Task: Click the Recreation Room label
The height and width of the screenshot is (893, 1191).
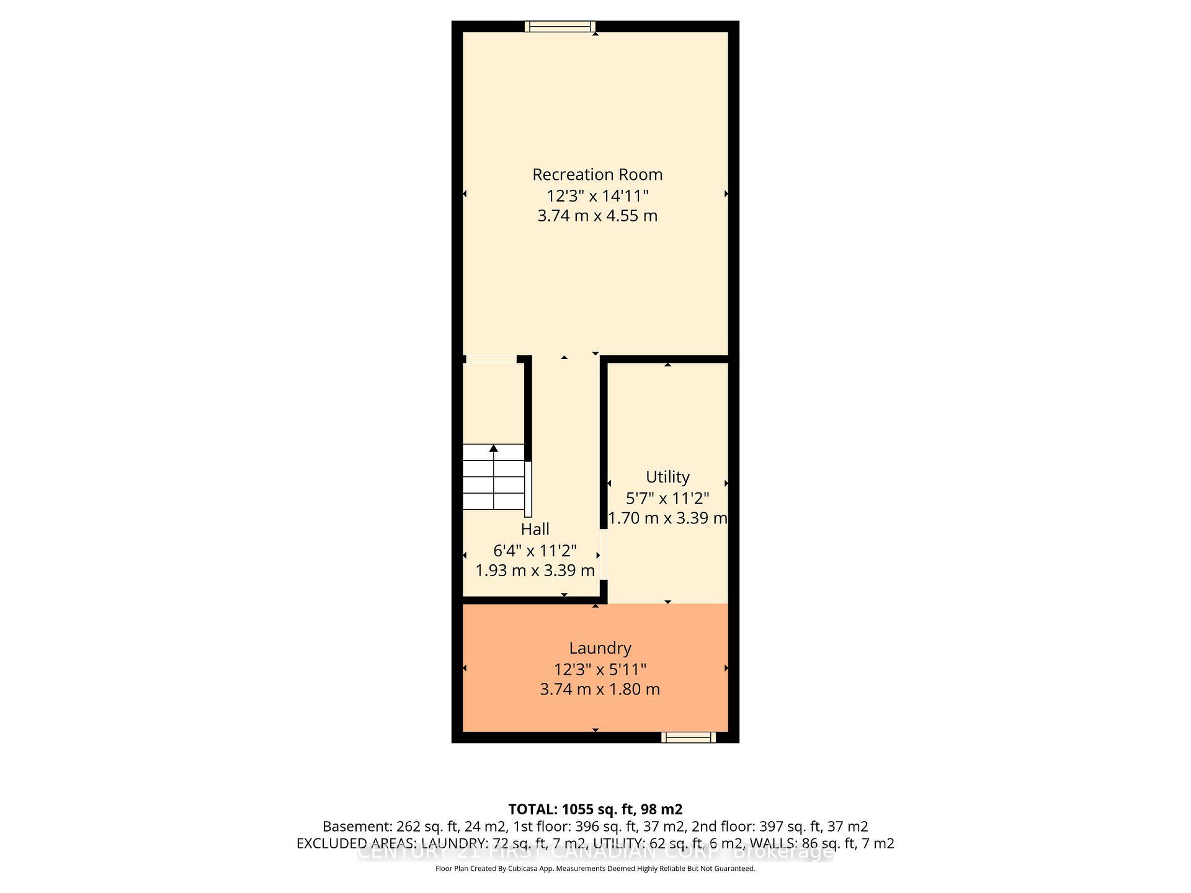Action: (x=597, y=175)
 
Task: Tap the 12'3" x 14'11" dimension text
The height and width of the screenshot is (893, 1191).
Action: (x=597, y=196)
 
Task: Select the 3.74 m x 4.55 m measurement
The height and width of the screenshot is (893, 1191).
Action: (x=597, y=216)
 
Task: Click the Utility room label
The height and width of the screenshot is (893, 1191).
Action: (x=667, y=477)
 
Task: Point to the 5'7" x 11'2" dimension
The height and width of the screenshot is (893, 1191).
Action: (x=667, y=498)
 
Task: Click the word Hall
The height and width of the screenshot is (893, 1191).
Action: (x=535, y=530)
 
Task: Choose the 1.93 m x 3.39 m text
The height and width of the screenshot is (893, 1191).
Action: (x=535, y=571)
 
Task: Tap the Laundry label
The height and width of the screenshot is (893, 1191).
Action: (x=600, y=648)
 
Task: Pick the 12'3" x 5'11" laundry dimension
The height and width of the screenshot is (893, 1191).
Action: (x=600, y=670)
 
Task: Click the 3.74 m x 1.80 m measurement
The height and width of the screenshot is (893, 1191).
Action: (x=600, y=690)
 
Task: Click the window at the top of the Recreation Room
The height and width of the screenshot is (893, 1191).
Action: (x=560, y=26)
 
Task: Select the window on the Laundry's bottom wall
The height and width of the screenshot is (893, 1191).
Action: (x=688, y=737)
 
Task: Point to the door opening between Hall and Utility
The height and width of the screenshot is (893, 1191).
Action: (x=604, y=554)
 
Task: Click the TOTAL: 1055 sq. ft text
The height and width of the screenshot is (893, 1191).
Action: (x=595, y=809)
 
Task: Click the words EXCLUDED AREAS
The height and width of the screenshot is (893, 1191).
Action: (x=356, y=843)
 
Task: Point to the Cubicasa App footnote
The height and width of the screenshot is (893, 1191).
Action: (x=595, y=869)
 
